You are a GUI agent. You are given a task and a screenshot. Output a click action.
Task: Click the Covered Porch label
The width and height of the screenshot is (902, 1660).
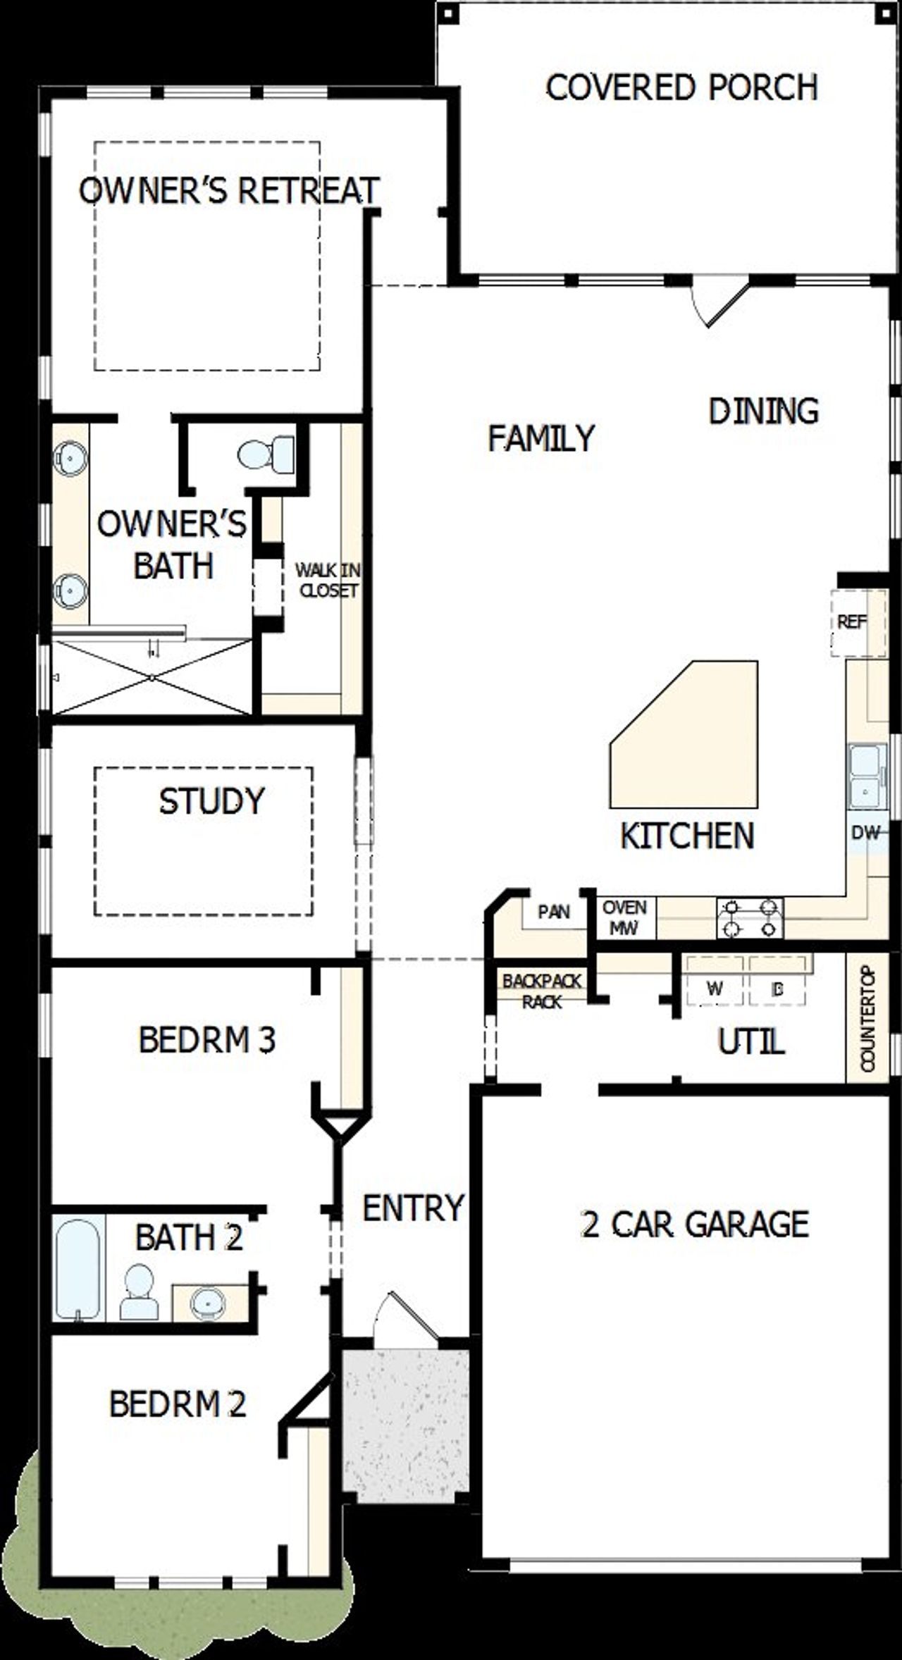tap(681, 88)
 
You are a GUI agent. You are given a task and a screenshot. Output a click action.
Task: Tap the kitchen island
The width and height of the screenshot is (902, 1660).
tap(694, 740)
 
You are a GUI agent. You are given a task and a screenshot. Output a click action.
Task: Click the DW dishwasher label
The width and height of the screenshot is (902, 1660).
tap(865, 833)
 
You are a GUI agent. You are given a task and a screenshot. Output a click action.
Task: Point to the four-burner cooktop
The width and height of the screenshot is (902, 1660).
tap(750, 918)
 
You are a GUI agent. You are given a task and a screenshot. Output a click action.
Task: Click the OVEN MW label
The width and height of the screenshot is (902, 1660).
tap(624, 917)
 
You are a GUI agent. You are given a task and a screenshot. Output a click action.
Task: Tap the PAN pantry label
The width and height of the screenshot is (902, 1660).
tap(553, 912)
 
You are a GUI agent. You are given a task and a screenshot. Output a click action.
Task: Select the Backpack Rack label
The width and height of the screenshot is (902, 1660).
tap(541, 991)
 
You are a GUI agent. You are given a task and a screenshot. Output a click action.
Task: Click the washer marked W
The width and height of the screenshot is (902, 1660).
tap(715, 989)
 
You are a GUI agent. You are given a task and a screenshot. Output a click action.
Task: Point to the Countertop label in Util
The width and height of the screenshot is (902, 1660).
tap(867, 1019)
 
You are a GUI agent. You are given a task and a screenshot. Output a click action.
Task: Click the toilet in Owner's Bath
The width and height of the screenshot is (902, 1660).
tap(266, 454)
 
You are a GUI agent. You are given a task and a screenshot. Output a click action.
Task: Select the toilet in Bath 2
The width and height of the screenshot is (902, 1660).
tap(139, 1292)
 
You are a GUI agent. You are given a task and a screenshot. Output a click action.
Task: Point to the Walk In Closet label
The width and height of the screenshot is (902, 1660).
tap(327, 580)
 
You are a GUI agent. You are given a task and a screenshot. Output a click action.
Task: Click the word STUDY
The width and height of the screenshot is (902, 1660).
tap(211, 801)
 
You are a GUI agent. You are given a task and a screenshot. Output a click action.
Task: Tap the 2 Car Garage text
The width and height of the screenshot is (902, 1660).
tap(694, 1225)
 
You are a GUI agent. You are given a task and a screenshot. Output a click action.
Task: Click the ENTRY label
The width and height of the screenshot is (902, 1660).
tap(413, 1208)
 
